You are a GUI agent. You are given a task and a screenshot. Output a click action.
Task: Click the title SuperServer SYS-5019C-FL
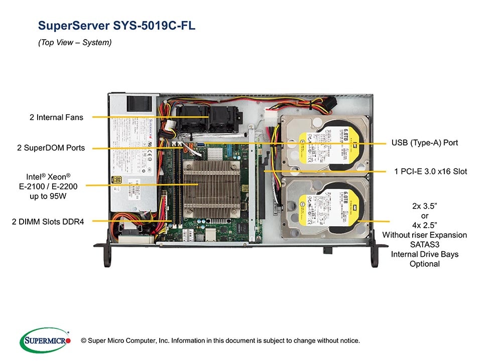(116, 26)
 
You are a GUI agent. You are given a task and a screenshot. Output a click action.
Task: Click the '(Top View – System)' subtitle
(75, 43)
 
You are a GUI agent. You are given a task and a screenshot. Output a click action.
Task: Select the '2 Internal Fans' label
(56, 117)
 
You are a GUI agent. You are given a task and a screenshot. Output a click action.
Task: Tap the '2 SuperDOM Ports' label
(51, 148)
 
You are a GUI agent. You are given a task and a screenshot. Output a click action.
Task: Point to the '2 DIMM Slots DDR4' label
(48, 221)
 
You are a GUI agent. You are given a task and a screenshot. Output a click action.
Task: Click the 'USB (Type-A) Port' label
(425, 143)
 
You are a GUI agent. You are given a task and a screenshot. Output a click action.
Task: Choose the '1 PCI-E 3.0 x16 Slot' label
(431, 171)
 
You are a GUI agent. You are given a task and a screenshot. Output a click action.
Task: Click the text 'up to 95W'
(48, 196)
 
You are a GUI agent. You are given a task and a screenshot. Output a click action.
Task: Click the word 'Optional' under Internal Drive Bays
(424, 264)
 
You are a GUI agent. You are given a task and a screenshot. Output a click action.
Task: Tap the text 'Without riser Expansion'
(424, 235)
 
